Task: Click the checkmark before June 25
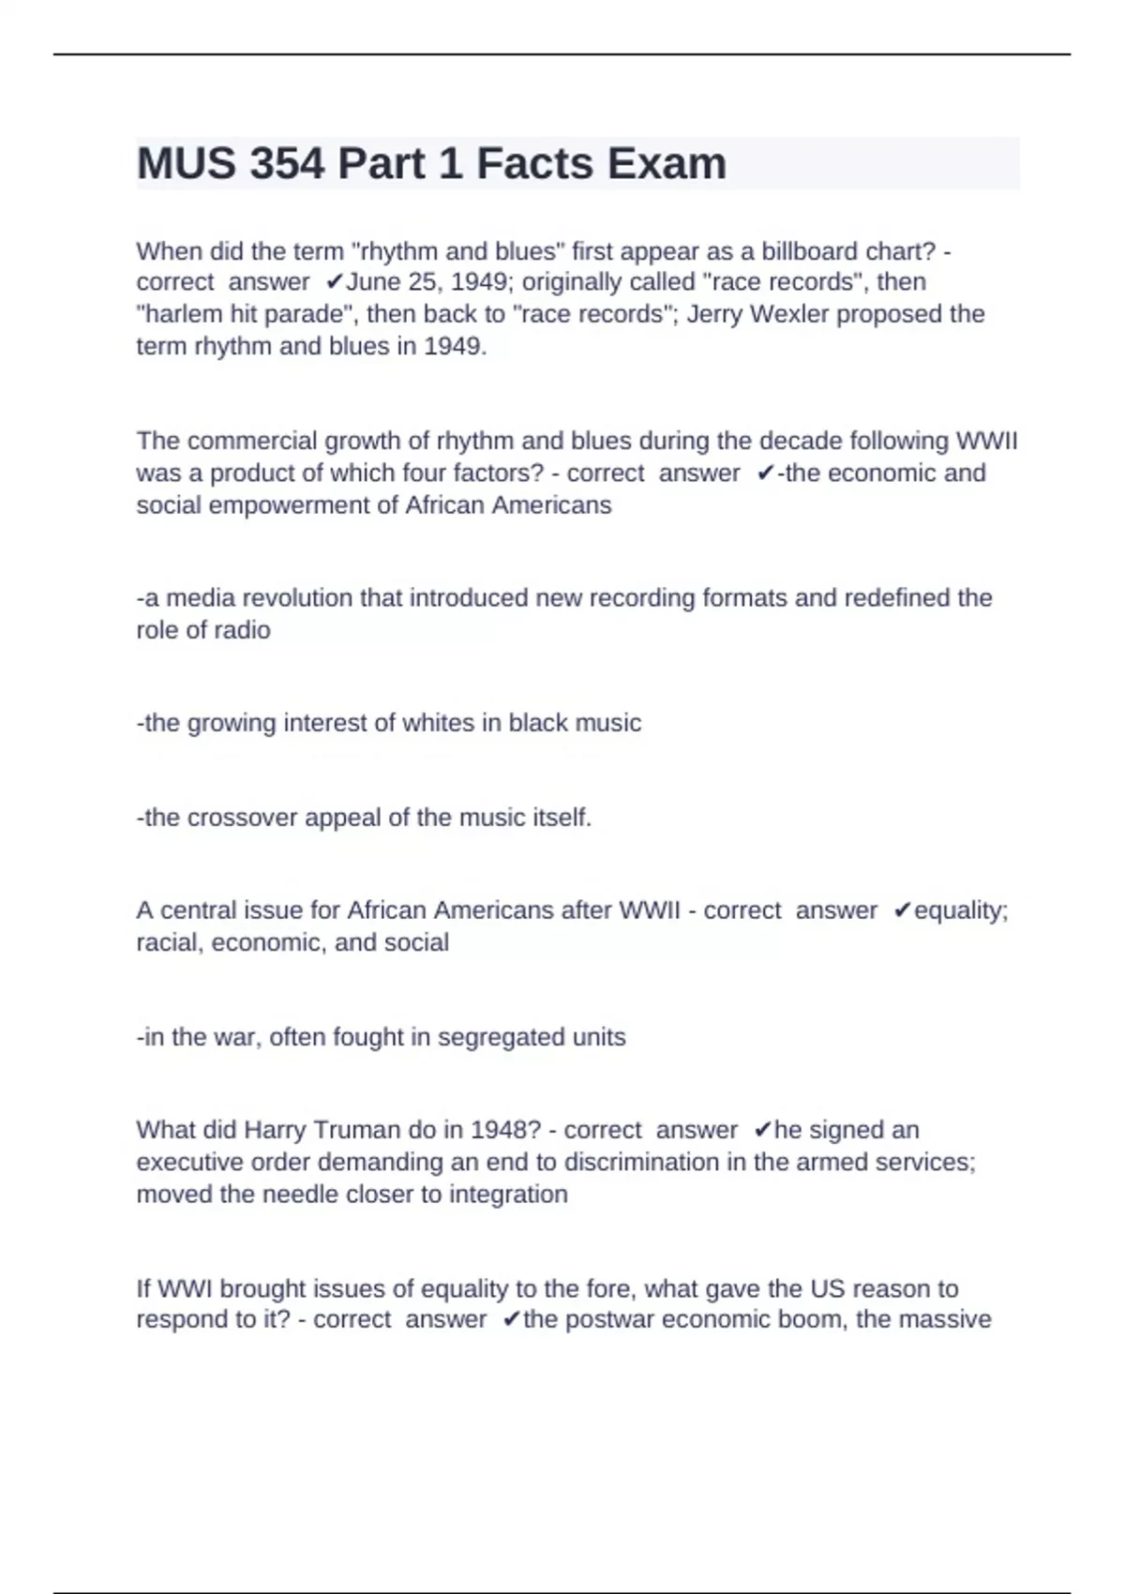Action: [x=335, y=282]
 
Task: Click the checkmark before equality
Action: [x=903, y=910]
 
